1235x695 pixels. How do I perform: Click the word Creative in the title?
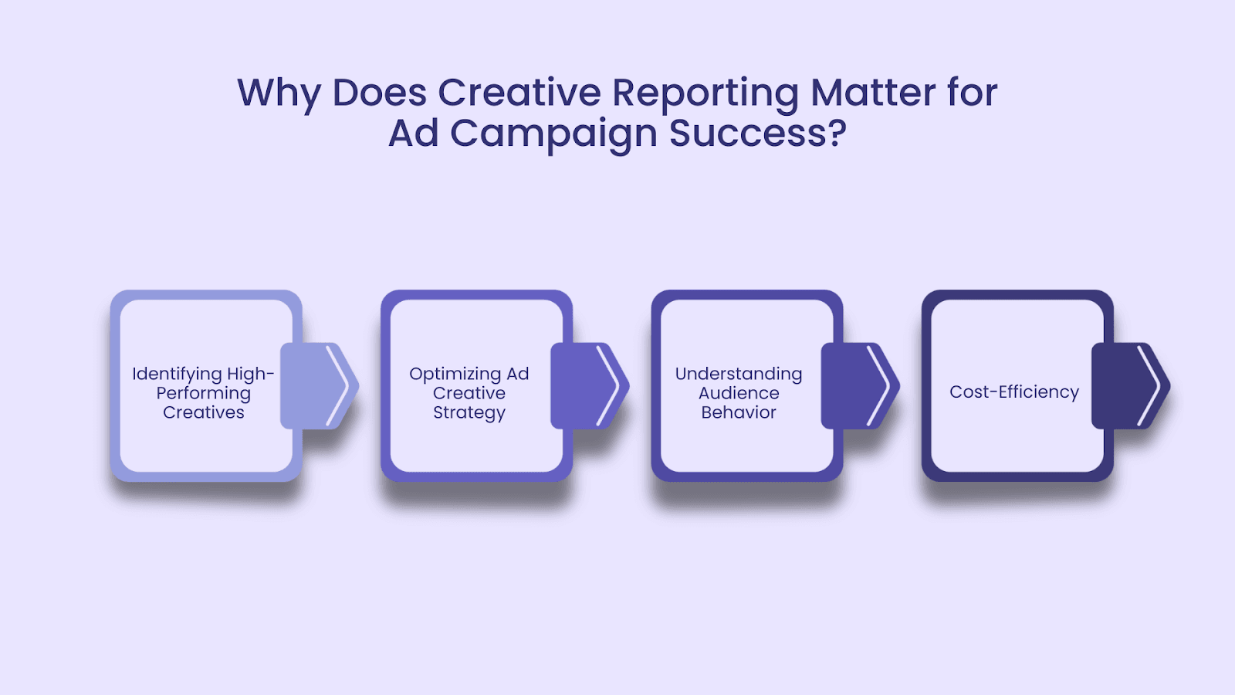pyautogui.click(x=519, y=92)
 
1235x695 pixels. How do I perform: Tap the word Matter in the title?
pyautogui.click(x=873, y=92)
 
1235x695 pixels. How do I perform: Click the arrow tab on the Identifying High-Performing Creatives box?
pyautogui.click(x=320, y=385)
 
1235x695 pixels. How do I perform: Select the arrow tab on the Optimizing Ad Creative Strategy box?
pyautogui.click(x=590, y=385)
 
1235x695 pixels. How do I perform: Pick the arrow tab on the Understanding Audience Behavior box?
pyautogui.click(x=860, y=385)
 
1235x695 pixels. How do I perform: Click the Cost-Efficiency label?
pyautogui.click(x=1014, y=392)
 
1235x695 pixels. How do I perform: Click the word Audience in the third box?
pyautogui.click(x=739, y=393)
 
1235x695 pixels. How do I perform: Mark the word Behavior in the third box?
pyautogui.click(x=739, y=412)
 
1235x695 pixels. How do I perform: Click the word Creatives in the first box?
pyautogui.click(x=204, y=412)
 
